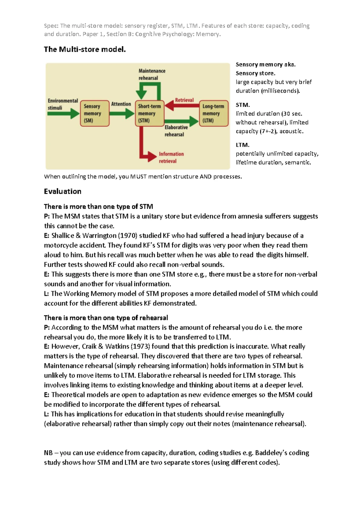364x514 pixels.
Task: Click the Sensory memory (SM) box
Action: click(x=94, y=113)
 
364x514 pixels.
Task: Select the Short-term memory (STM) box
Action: click(x=149, y=113)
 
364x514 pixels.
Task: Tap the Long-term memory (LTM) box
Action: click(x=214, y=113)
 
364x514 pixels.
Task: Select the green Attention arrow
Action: click(x=122, y=114)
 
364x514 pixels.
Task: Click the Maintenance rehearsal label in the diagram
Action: click(x=152, y=75)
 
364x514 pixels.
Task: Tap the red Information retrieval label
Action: click(x=171, y=158)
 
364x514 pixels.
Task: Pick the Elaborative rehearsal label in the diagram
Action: click(x=176, y=131)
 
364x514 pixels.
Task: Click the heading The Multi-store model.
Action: click(x=85, y=49)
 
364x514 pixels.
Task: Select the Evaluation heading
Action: click(x=62, y=192)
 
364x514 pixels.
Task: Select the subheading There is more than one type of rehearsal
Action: click(x=106, y=318)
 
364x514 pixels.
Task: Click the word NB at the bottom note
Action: click(x=48, y=453)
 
